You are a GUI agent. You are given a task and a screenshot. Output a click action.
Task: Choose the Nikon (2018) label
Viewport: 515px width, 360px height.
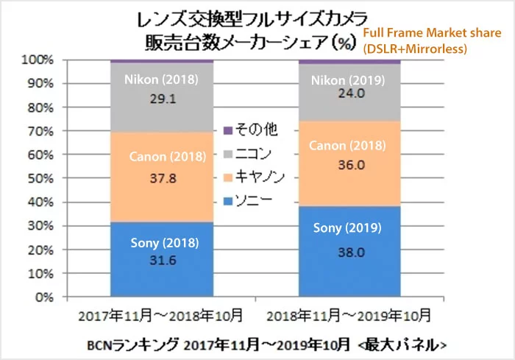pos(161,80)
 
